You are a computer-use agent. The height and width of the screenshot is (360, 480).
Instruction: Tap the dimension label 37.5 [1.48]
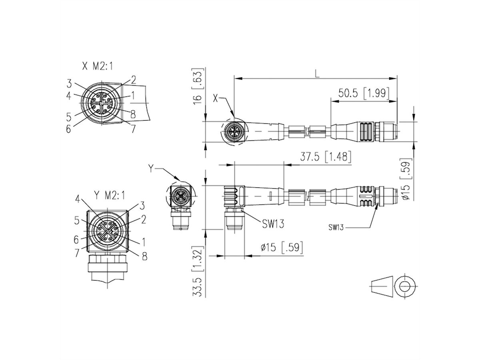[326, 158]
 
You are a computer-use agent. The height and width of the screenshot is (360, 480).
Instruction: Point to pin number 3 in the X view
[70, 84]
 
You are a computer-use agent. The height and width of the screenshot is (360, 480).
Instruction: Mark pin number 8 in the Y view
[144, 256]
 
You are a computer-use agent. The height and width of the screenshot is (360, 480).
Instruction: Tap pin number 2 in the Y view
[144, 219]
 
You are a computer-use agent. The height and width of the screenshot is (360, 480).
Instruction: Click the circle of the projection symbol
[405, 286]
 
